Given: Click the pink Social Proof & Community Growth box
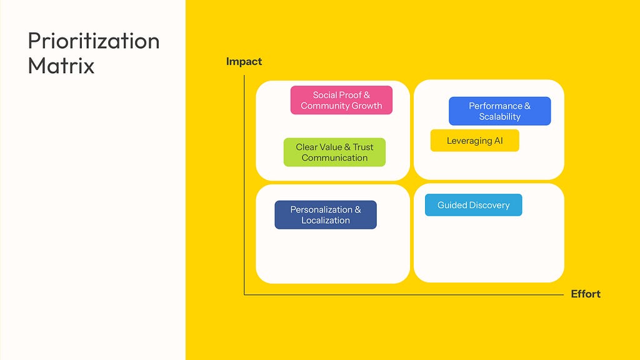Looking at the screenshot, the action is (341, 100).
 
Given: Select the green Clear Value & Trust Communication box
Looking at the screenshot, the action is (334, 152).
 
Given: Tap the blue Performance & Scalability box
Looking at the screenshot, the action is (499, 111).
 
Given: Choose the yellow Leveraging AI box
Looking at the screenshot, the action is (475, 141).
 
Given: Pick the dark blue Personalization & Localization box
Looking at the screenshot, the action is (326, 215).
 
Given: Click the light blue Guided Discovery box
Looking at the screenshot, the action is (474, 205).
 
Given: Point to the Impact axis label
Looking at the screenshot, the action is (244, 62).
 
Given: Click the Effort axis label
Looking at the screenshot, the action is (586, 294).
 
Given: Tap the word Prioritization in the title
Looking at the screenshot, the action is (94, 41).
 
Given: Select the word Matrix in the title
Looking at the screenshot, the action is (61, 66).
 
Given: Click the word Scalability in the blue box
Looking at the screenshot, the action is (499, 117).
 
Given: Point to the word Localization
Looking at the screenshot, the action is (326, 221).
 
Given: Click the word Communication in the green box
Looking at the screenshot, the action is (335, 158).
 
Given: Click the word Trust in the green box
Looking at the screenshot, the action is (363, 147).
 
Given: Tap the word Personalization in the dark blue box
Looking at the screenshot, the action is (321, 209).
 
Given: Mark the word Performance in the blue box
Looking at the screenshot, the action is (496, 106).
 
